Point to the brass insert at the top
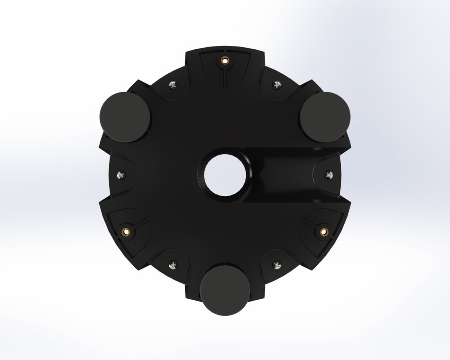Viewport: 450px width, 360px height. pos(225,60)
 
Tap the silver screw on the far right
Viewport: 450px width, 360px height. pos(329,175)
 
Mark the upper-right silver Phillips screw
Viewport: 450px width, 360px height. pos(276,85)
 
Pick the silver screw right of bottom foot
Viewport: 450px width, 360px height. pos(276,263)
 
